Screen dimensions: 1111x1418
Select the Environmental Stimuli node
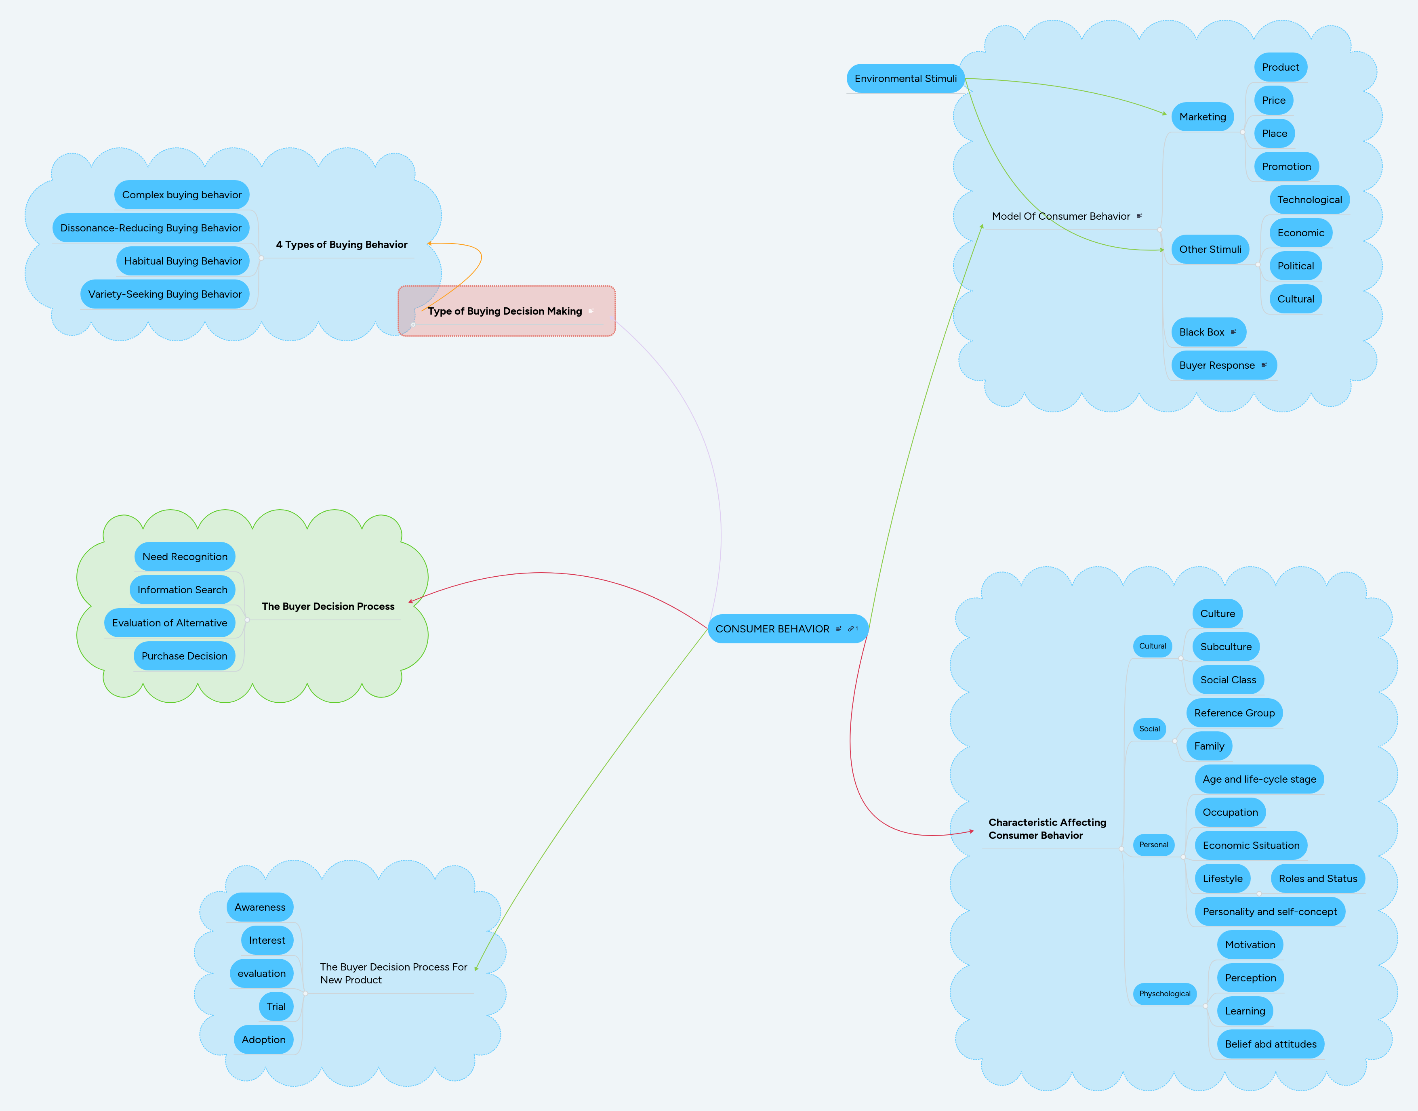(x=905, y=79)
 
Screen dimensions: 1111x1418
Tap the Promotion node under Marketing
(x=1286, y=166)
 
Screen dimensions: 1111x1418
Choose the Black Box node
(x=1201, y=332)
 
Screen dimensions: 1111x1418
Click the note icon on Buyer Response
(x=1264, y=365)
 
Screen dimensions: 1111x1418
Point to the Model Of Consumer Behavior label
(x=1061, y=216)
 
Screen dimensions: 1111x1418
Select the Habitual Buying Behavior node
(x=183, y=261)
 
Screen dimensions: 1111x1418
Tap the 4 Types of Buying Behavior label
(x=342, y=245)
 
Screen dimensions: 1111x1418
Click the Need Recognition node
(x=185, y=557)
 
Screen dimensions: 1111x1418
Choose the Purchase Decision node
(x=184, y=656)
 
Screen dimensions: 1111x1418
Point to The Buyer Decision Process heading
(x=328, y=606)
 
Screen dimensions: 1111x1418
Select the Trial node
(x=276, y=1006)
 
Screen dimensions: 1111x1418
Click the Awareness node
(x=260, y=907)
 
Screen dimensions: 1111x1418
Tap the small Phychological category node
(x=1164, y=994)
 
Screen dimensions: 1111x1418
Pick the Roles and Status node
(x=1317, y=879)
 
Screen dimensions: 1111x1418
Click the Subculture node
(x=1225, y=647)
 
